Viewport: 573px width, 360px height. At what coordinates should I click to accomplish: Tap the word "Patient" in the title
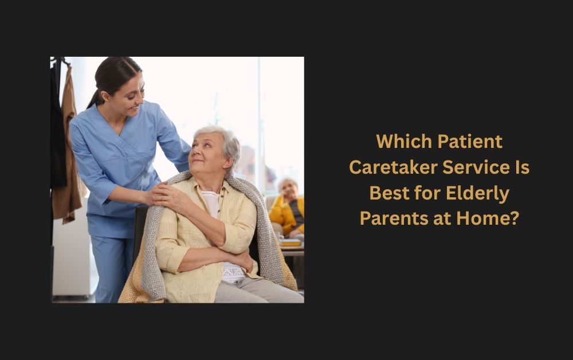tap(470, 142)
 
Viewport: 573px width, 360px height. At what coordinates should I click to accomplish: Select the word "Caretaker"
tap(393, 167)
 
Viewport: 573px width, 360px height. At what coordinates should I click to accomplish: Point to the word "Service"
tap(476, 167)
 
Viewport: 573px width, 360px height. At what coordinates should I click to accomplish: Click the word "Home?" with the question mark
tap(488, 218)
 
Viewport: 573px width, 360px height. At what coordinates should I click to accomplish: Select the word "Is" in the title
tap(522, 167)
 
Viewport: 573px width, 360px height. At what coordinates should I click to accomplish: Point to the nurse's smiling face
tap(128, 96)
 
